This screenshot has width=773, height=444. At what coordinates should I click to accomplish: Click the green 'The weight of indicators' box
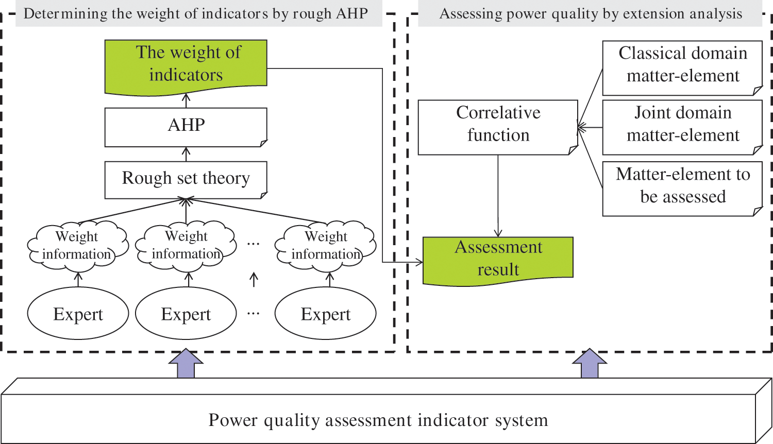[186, 65]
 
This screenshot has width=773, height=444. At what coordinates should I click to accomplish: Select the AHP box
[186, 126]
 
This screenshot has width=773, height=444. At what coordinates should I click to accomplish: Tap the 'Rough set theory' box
[186, 179]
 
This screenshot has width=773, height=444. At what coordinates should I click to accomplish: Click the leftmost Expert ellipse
[78, 314]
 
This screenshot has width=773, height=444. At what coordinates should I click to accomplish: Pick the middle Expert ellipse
[186, 314]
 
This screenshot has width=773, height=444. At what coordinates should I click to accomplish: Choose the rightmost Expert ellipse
[326, 314]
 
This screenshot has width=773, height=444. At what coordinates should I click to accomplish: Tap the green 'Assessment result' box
[498, 259]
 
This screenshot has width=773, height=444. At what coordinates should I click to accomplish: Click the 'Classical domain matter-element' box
[682, 65]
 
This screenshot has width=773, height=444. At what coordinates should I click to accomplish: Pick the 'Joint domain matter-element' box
[682, 125]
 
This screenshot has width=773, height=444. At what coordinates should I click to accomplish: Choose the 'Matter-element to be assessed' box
[682, 186]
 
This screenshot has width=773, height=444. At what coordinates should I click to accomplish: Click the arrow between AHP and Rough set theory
[186, 154]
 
